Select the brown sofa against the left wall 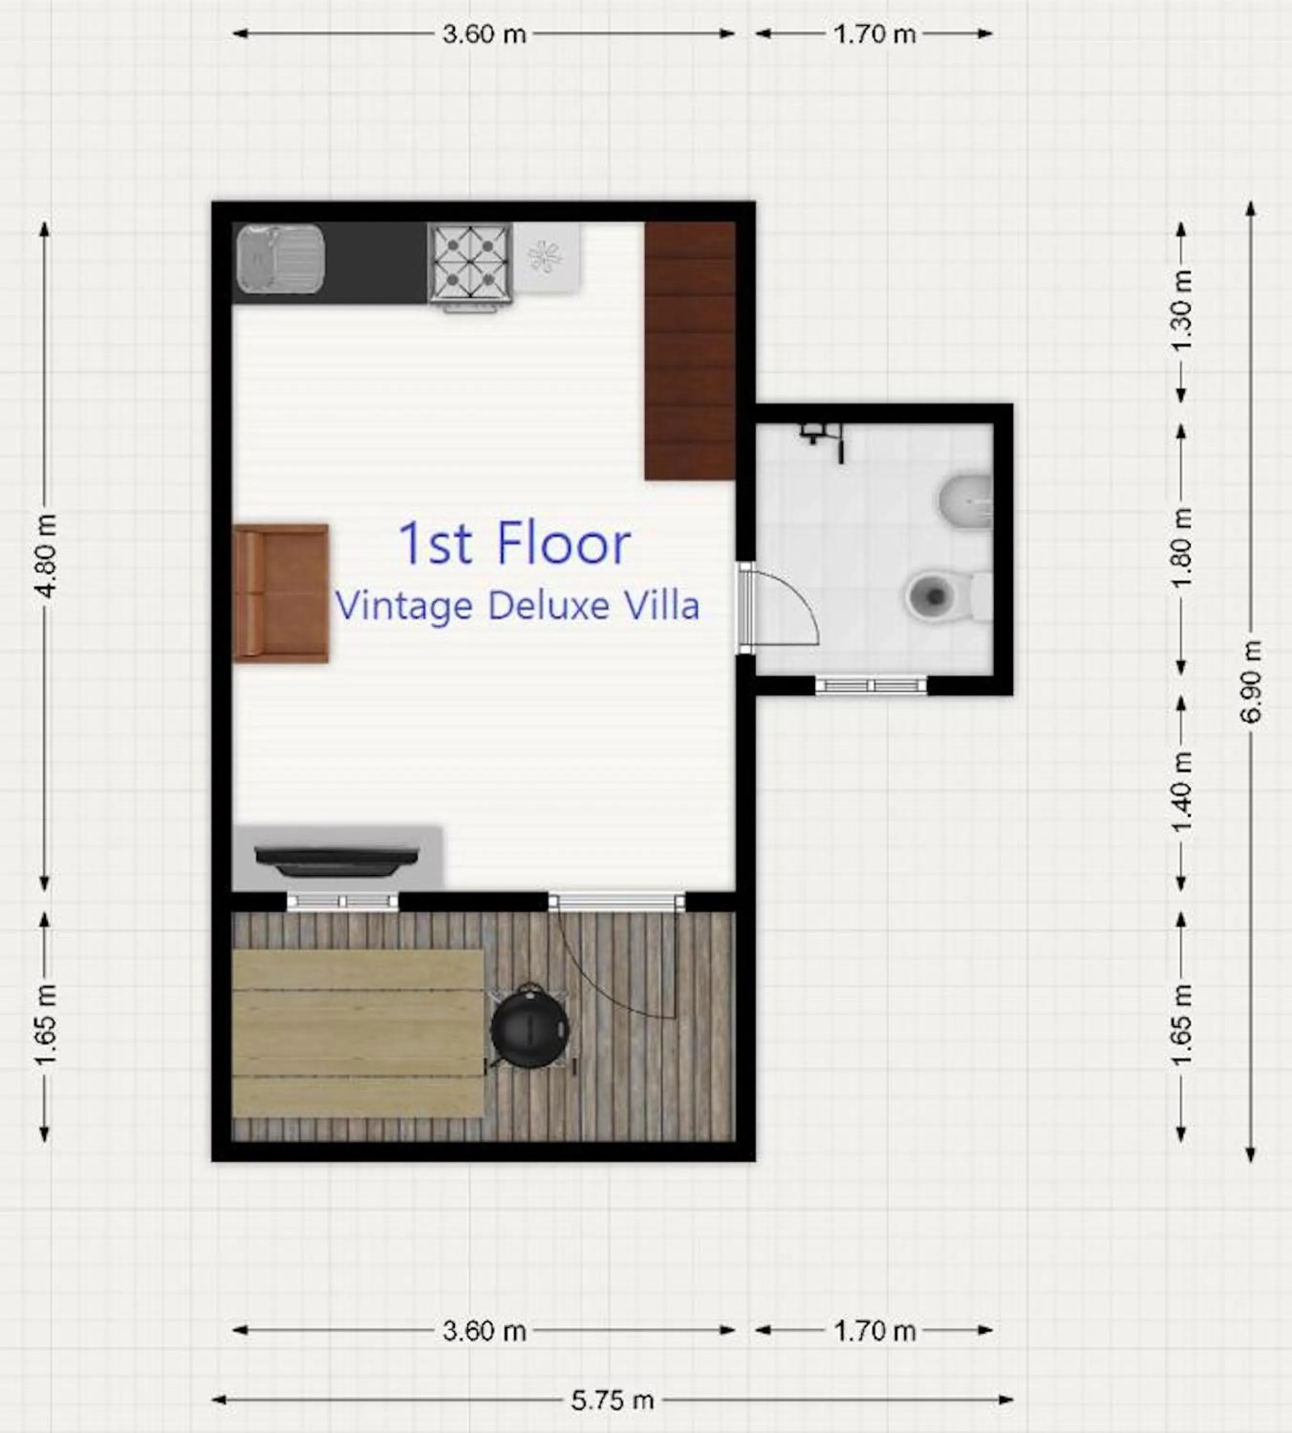tap(281, 593)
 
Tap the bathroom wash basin tap(966, 501)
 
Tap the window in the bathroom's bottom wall tap(871, 685)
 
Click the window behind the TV tap(342, 901)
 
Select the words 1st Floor tap(514, 544)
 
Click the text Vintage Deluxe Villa tap(517, 605)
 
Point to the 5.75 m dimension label tap(612, 1401)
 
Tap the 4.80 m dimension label tap(45, 555)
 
